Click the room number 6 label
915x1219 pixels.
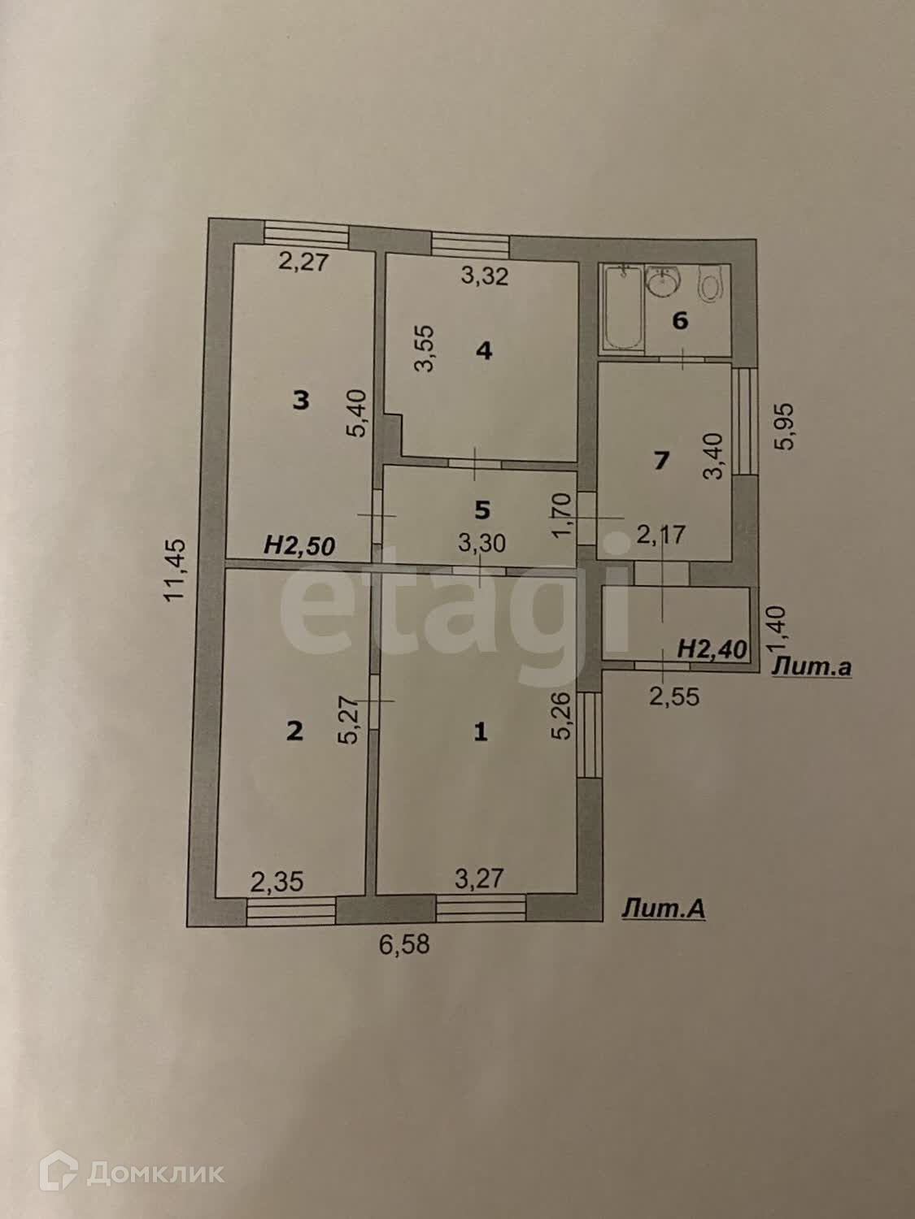[x=680, y=320]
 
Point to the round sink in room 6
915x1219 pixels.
[x=664, y=284]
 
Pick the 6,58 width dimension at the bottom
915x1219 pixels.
[x=404, y=944]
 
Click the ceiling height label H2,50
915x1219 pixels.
[x=299, y=546]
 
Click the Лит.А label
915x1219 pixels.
[x=664, y=909]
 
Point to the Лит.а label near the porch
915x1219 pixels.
[x=812, y=668]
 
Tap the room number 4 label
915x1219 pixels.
[x=484, y=351]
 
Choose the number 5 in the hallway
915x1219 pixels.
[x=482, y=510]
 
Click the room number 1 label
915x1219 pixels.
[x=481, y=732]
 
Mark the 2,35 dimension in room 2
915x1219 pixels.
[x=277, y=881]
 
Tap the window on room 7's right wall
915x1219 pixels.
[x=743, y=420]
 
